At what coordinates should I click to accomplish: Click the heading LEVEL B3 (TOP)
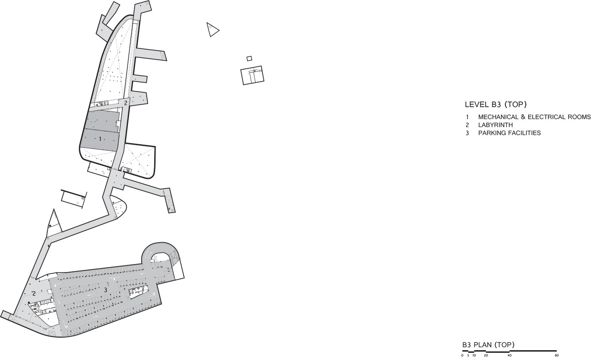click(495, 105)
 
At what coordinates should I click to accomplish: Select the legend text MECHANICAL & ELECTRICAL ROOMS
click(534, 117)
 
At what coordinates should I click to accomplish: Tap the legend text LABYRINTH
click(495, 125)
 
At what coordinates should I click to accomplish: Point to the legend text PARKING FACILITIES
click(509, 133)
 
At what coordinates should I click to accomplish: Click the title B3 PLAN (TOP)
click(488, 345)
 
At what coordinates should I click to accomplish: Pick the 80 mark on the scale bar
click(557, 355)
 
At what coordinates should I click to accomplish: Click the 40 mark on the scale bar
click(509, 355)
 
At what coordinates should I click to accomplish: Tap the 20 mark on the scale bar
click(486, 355)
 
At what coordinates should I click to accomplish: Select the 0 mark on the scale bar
click(462, 355)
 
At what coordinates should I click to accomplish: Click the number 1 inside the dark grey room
click(100, 139)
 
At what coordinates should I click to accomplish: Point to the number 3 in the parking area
click(106, 290)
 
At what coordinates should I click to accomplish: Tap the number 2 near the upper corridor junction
click(126, 103)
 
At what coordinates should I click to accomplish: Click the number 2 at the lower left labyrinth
click(34, 294)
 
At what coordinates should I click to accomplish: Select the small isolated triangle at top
click(212, 30)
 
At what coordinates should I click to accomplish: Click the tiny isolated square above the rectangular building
click(249, 58)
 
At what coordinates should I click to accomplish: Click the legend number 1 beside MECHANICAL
click(467, 117)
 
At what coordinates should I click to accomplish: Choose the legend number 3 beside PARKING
click(467, 133)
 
